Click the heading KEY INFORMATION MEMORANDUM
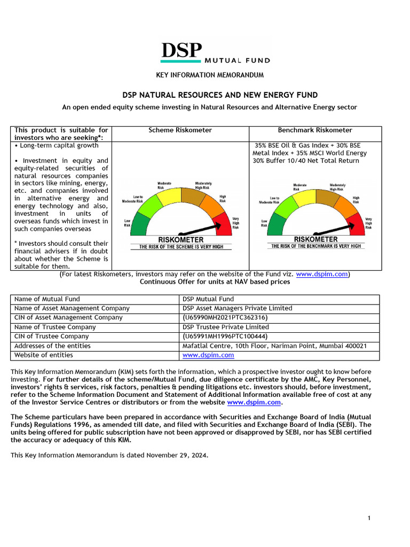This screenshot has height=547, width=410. click(209, 75)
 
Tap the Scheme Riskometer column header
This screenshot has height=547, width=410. click(180, 130)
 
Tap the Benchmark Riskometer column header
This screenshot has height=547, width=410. click(315, 130)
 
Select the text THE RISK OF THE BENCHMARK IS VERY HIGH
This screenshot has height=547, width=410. click(316, 246)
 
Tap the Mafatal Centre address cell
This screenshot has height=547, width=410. click(274, 346)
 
